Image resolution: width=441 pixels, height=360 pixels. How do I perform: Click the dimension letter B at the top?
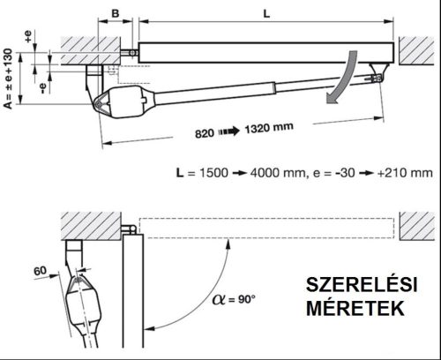click(116, 14)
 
